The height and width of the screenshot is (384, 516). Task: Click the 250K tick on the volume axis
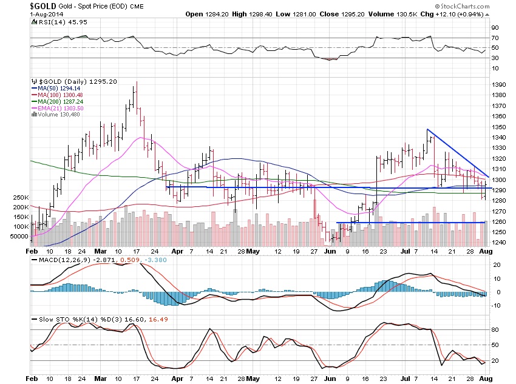[x=19, y=198]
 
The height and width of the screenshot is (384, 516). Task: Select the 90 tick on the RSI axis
[x=495, y=28]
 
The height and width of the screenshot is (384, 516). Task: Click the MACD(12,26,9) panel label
[x=55, y=260]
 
